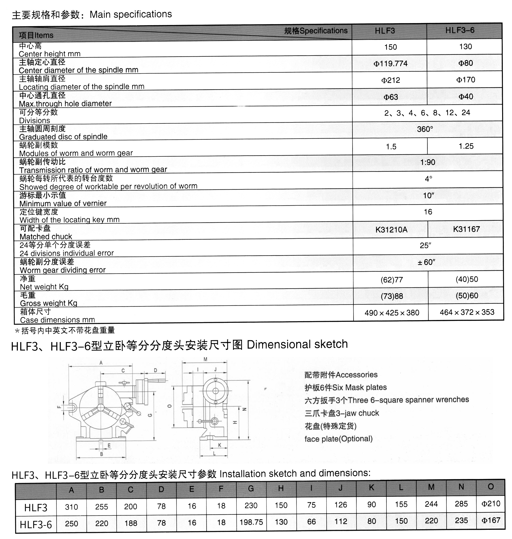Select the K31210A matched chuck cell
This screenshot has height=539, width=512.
(391, 229)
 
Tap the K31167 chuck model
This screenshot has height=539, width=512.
(466, 229)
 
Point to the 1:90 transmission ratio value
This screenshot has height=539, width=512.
(428, 162)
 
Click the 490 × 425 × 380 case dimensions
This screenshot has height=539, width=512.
(392, 312)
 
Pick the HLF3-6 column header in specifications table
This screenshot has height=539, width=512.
(460, 30)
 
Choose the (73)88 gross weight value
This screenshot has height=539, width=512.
(392, 296)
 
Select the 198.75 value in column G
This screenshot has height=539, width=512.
(251, 522)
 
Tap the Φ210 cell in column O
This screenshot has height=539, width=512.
(491, 503)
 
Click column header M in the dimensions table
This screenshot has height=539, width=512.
(431, 487)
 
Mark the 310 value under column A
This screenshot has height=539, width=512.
(71, 507)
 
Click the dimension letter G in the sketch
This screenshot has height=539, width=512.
(150, 415)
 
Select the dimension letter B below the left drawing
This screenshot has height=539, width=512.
(102, 454)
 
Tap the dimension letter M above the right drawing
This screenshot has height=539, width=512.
(205, 359)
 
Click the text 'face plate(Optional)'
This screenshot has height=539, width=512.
(339, 439)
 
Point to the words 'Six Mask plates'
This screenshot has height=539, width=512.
(366, 387)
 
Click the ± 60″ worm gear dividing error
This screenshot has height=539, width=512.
(426, 262)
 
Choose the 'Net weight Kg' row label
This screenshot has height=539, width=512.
(44, 287)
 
